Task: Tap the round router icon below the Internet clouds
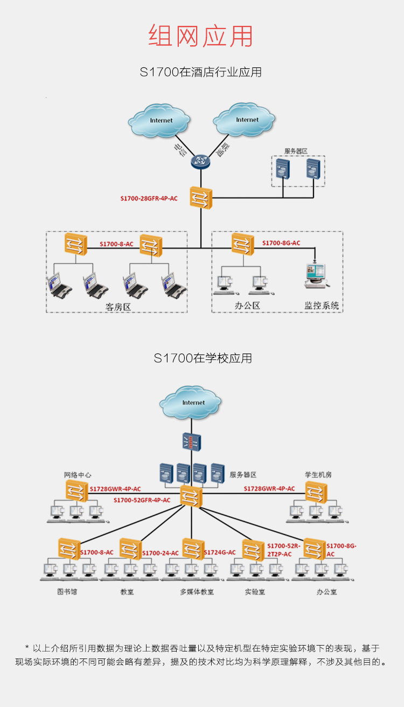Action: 201,161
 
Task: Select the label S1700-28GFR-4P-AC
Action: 149,199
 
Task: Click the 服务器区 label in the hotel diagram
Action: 296,150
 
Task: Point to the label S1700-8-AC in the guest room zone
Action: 116,244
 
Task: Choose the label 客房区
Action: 118,307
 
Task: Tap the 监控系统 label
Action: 322,306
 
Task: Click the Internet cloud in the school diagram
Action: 191,403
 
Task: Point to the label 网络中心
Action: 78,475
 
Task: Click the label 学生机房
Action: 318,475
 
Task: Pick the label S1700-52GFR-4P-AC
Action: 142,500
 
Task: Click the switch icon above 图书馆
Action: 69,549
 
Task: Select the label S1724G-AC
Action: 220,552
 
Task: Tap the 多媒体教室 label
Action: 197,592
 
